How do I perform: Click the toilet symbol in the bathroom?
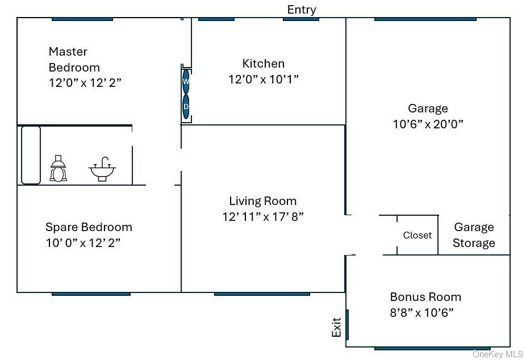(x=58, y=169)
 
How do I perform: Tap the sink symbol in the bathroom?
(x=102, y=169)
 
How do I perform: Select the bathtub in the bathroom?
(x=31, y=155)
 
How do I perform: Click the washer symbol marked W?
(x=186, y=81)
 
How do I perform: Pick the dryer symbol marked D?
(x=186, y=107)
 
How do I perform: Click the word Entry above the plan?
(x=302, y=10)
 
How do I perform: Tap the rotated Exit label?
(x=336, y=327)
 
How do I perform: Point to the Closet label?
(x=418, y=235)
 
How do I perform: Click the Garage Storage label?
(x=474, y=235)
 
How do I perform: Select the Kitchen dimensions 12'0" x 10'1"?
(x=264, y=79)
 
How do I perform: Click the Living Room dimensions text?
(x=263, y=216)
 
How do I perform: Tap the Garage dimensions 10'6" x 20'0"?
(x=428, y=124)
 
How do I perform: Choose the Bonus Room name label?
(x=425, y=297)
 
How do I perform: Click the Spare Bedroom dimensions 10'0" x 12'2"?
(x=83, y=242)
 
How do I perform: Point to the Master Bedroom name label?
(x=74, y=59)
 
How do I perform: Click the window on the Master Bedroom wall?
(x=82, y=19)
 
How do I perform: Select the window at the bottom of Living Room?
(x=262, y=294)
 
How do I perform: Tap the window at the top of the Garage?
(x=425, y=19)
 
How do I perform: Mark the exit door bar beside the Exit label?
(x=347, y=324)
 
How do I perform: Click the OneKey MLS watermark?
(x=498, y=354)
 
